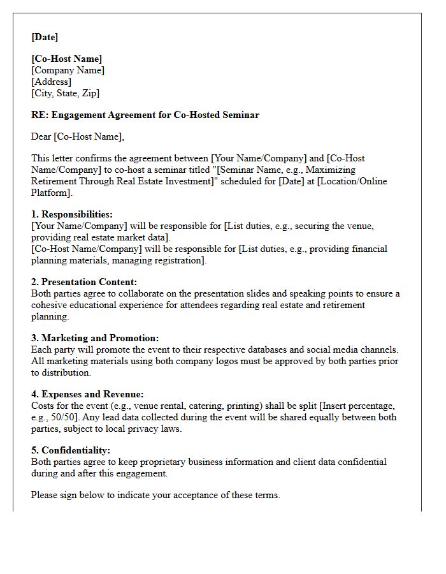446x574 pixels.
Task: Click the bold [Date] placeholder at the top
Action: (45, 37)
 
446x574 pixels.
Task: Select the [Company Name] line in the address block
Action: (68, 70)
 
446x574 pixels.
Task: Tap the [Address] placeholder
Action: (52, 82)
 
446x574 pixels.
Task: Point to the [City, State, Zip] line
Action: (66, 93)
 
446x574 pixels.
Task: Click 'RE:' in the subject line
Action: (40, 115)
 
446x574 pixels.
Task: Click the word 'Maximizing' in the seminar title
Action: (332, 170)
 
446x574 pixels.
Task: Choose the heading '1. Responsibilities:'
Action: (72, 215)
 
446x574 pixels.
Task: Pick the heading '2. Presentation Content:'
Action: (84, 282)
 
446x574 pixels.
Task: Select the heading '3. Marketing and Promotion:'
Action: (95, 338)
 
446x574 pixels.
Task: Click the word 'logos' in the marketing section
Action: (212, 361)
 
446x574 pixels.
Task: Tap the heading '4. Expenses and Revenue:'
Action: (87, 395)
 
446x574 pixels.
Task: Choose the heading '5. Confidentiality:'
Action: (71, 451)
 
